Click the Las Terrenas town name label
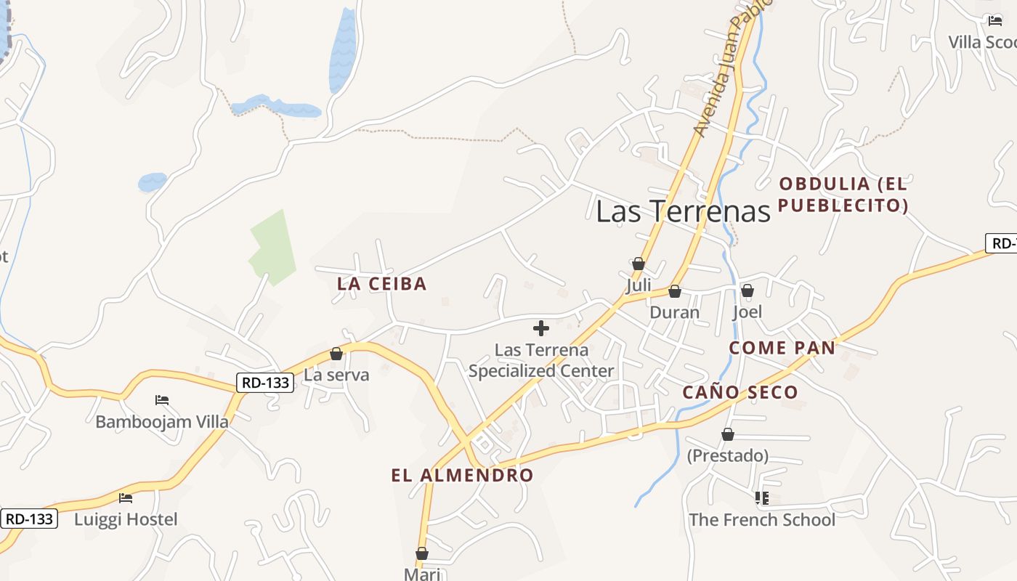(682, 211)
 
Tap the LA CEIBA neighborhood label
(381, 284)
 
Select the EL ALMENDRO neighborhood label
(462, 476)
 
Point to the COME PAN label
(782, 348)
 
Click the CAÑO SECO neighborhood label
(740, 393)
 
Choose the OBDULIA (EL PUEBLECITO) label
(843, 195)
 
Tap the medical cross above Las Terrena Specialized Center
(541, 328)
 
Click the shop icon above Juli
(639, 264)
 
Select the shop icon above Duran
(675, 291)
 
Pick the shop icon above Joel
(747, 290)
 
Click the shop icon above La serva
(336, 354)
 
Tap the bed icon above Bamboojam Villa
(162, 400)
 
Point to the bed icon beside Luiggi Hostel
(126, 498)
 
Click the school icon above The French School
(761, 498)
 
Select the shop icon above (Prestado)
(728, 434)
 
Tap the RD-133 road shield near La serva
(264, 382)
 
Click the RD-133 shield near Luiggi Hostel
(29, 519)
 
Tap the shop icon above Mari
(422, 553)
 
